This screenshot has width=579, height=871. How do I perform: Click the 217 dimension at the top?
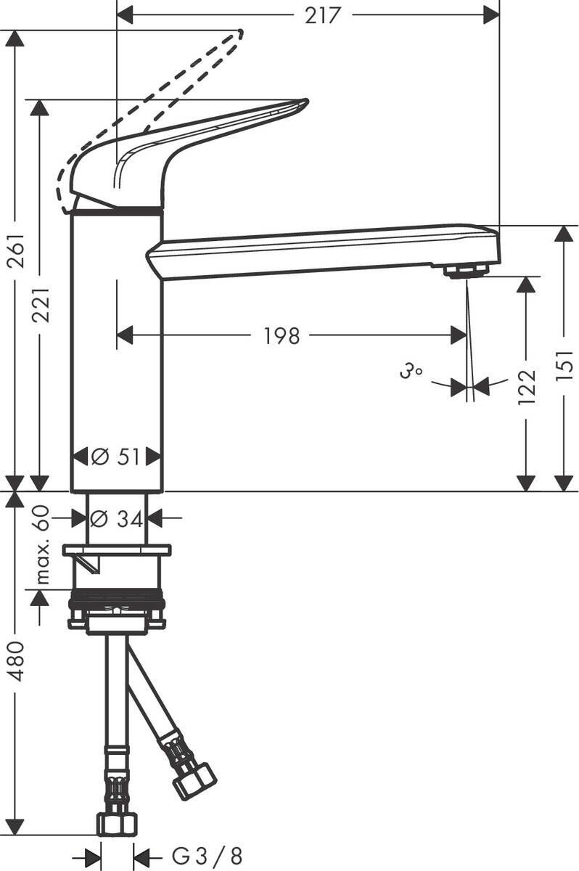click(x=322, y=15)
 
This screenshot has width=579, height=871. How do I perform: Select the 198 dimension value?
click(x=281, y=335)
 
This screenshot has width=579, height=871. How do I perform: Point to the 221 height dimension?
click(x=41, y=305)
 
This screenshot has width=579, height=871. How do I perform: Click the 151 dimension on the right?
click(x=567, y=363)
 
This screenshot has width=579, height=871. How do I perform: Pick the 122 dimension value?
click(x=527, y=385)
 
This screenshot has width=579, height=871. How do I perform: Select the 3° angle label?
click(x=410, y=373)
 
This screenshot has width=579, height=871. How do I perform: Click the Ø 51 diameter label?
click(x=116, y=457)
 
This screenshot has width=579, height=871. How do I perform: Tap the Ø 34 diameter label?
click(x=116, y=518)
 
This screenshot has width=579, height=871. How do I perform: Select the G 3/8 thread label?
click(x=207, y=856)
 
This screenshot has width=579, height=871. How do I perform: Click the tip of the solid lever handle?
click(x=304, y=103)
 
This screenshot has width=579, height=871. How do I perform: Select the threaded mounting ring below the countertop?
click(x=116, y=602)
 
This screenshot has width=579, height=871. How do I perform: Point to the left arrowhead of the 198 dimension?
click(x=125, y=335)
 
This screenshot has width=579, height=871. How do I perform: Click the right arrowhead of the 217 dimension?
click(x=492, y=14)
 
